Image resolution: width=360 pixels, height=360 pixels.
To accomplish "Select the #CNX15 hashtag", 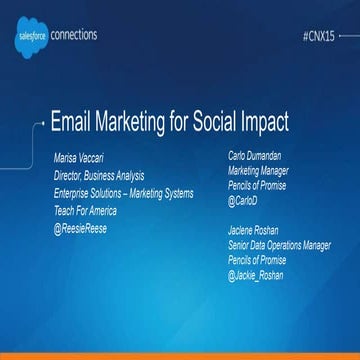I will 324,35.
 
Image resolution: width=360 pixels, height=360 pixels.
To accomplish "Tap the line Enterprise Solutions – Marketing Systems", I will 124,194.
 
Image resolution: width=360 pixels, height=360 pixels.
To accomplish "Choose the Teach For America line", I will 86,211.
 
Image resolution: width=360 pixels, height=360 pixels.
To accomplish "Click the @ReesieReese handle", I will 82,229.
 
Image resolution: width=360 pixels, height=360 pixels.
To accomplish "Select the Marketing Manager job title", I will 257,172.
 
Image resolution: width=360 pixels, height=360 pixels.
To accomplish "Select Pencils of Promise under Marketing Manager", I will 257,187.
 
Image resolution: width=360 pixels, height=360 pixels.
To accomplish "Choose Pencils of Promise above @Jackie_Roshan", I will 257,261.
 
